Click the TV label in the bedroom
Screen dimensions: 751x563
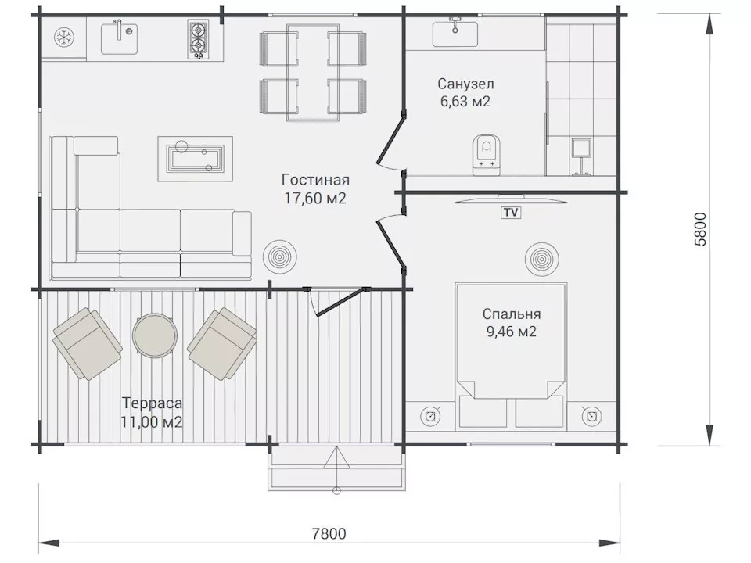(511, 212)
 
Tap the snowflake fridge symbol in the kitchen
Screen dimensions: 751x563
(63, 38)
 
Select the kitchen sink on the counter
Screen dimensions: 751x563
(120, 38)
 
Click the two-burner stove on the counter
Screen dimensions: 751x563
(197, 39)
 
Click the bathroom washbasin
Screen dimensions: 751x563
(455, 33)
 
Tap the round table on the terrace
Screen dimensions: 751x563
(155, 334)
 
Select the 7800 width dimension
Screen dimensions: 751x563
(329, 533)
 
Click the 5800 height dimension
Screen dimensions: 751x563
(699, 229)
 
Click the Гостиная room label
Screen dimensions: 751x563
(315, 180)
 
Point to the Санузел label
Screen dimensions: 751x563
(465, 84)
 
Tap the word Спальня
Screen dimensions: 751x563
(512, 314)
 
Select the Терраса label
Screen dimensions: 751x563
(152, 403)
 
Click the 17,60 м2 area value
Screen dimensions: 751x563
(315, 198)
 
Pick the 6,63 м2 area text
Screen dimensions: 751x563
(465, 102)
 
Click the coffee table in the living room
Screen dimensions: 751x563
(196, 159)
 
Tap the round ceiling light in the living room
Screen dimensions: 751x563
(280, 256)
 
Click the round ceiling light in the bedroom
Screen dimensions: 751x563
(541, 260)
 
